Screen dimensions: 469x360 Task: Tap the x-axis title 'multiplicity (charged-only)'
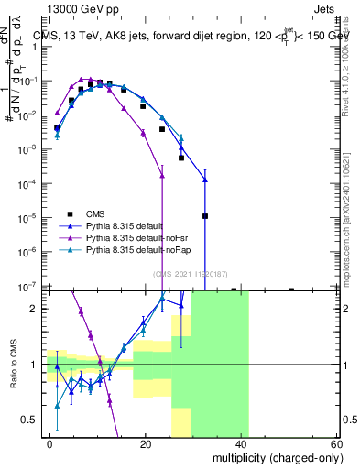click(276, 456)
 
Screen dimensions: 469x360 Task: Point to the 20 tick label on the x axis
click(146, 442)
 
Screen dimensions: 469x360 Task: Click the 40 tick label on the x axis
click(241, 442)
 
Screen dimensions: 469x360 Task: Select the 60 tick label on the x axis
click(336, 442)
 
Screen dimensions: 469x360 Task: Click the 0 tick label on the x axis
click(50, 442)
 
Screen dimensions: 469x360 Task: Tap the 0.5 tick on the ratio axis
click(32, 420)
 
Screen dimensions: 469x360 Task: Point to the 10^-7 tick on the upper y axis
click(31, 286)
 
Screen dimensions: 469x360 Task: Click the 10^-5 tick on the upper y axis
click(31, 217)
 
